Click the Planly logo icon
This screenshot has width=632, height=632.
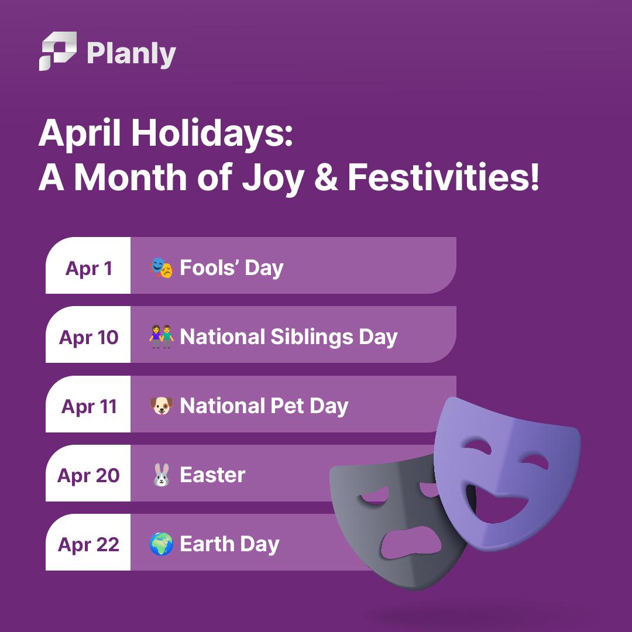(57, 51)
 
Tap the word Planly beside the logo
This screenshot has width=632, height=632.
(132, 54)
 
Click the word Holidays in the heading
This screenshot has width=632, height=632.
(212, 134)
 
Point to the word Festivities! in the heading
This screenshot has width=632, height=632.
(443, 177)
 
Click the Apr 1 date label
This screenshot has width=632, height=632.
(89, 269)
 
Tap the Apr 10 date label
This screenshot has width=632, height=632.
(89, 338)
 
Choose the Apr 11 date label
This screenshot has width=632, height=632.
(89, 406)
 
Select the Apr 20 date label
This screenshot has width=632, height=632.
(89, 476)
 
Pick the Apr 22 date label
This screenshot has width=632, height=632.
(89, 545)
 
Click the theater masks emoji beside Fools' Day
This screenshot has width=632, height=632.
(162, 267)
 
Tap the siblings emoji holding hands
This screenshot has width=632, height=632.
(162, 336)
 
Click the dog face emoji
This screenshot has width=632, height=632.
(162, 406)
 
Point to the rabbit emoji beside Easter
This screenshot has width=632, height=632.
(162, 475)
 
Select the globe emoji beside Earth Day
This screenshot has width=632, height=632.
(162, 544)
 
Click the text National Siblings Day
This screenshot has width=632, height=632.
(288, 338)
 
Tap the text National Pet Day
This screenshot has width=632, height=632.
(264, 406)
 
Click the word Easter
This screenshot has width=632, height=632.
(212, 475)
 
